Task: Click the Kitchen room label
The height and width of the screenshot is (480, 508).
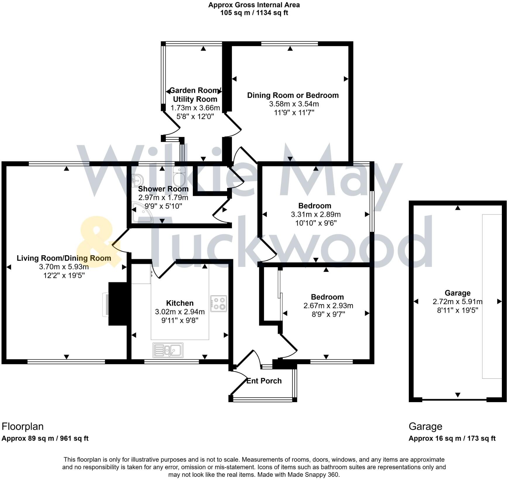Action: click(180, 303)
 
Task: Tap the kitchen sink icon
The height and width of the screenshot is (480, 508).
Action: click(168, 350)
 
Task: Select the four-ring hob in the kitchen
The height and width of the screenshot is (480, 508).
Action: click(219, 304)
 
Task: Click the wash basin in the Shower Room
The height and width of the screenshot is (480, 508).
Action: click(137, 180)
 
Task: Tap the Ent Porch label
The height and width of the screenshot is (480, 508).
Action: click(264, 381)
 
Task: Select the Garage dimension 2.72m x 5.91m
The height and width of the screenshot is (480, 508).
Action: click(457, 301)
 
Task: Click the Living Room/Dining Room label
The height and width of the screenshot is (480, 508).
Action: click(64, 258)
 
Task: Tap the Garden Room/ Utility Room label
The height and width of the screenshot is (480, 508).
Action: click(195, 95)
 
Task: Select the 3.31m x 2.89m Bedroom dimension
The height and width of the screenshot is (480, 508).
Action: click(315, 214)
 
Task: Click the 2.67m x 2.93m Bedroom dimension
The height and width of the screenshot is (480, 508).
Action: click(328, 306)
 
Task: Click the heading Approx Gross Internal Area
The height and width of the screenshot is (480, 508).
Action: click(254, 5)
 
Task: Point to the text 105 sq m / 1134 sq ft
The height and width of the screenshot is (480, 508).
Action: click(254, 13)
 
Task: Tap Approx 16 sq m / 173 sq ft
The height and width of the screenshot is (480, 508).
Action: click(452, 438)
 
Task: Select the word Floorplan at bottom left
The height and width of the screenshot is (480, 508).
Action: click(23, 426)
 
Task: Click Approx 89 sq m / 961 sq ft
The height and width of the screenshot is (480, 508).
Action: click(45, 438)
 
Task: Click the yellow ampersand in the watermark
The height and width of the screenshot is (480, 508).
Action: click(97, 242)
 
